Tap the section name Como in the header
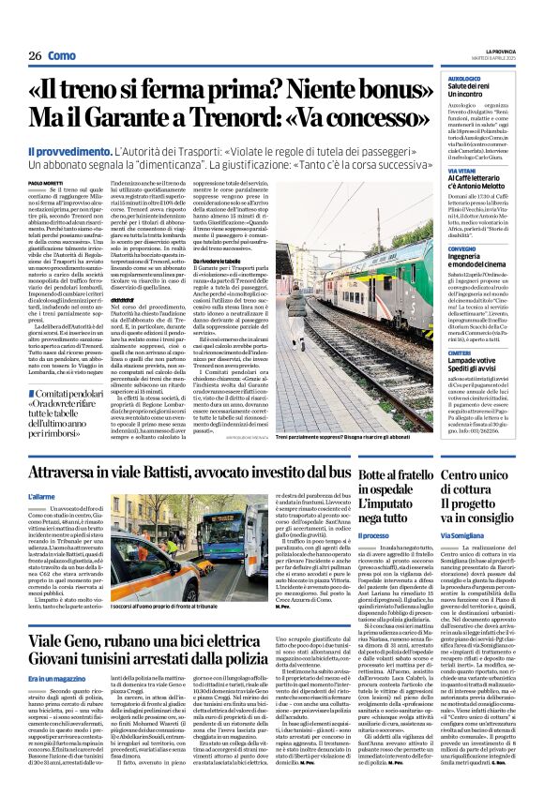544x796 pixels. tap(62, 55)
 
